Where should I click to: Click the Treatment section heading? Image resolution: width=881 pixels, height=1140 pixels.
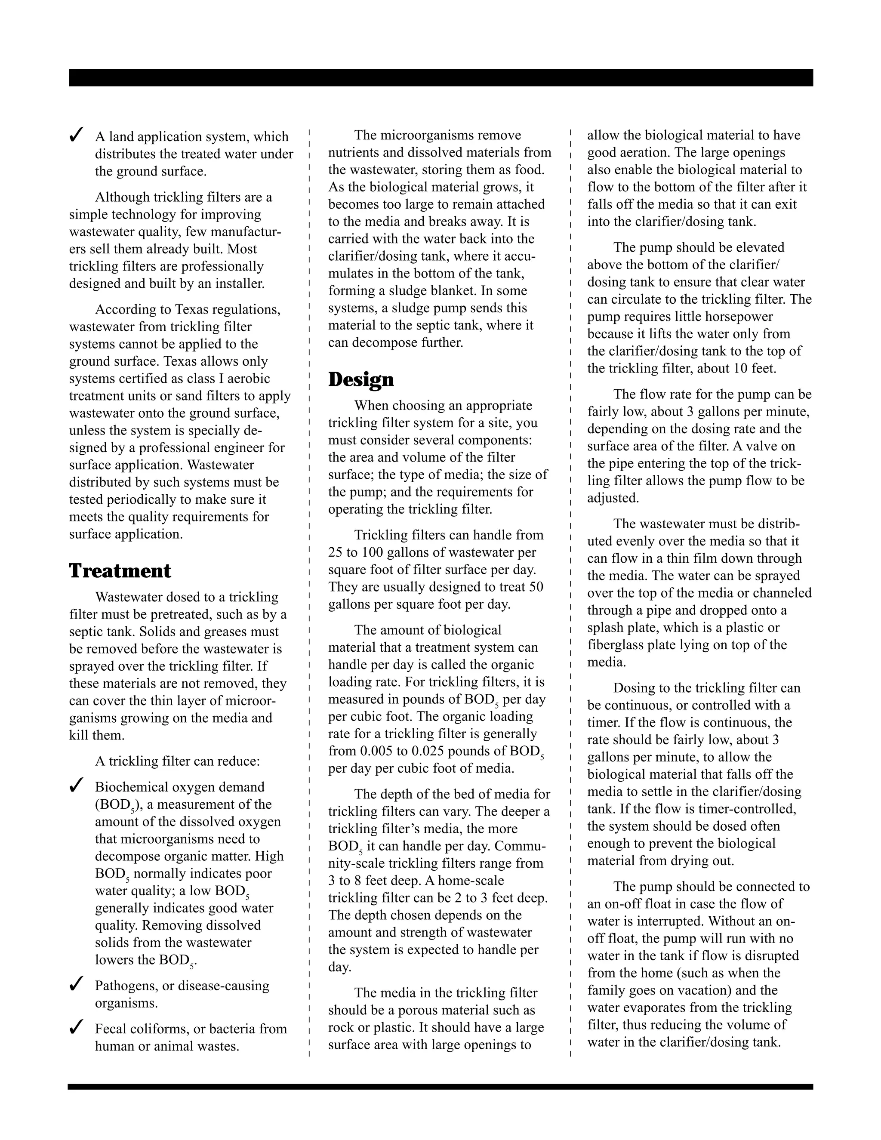pos(120,570)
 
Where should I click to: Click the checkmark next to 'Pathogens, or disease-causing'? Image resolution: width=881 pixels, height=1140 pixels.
pos(76,984)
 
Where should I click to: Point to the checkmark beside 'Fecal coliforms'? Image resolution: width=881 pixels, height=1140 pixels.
pos(76,1027)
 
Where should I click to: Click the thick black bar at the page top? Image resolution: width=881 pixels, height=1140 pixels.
pos(440,77)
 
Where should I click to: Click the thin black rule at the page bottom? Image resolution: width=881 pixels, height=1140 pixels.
pos(440,1087)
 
